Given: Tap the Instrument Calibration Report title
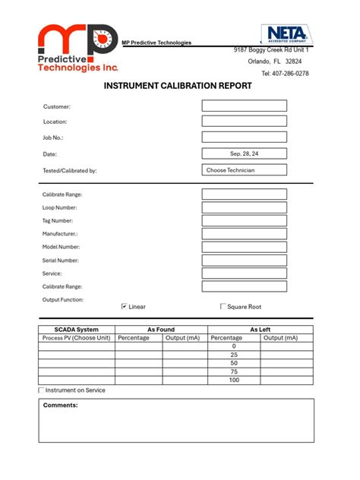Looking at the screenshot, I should pos(178,86).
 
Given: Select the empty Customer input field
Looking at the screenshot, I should pos(244,106).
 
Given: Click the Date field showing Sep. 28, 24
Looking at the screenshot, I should pos(244,153).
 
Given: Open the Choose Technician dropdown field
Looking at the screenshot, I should pos(244,170).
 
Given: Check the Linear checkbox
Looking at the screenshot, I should pos(125,306).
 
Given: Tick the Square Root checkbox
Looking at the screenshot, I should pos(223,306).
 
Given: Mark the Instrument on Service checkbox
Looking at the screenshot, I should pos(42,390).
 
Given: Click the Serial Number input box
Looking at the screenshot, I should pos(244,260).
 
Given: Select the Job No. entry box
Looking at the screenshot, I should pos(244,137).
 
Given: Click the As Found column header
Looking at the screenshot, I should pos(161,330).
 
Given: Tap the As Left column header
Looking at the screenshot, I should pos(260,330).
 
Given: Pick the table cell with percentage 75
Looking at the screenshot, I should pos(234,371).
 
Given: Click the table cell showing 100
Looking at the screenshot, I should pos(234,380).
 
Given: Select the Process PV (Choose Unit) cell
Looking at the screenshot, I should pos(77,338).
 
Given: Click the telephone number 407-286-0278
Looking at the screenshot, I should pos(285,74).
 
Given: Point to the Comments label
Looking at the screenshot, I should pos(61,406).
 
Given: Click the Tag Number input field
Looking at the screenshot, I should pos(244,220).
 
